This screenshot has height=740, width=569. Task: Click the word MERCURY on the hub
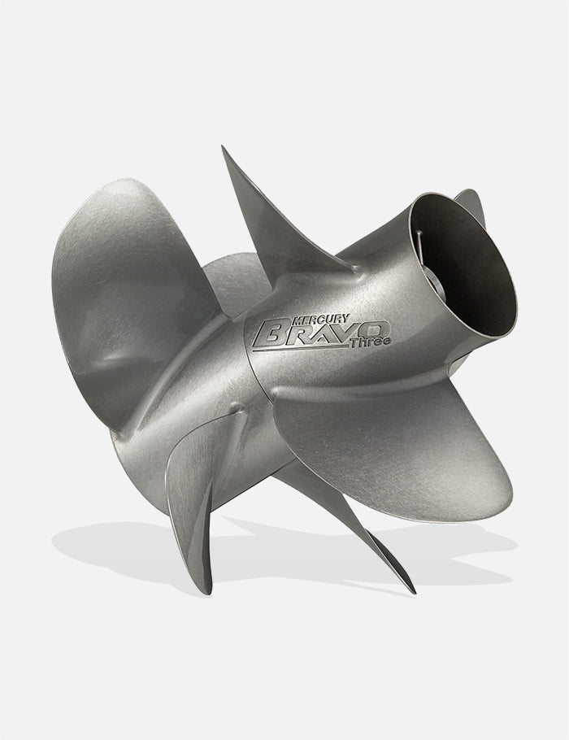coord(321,319)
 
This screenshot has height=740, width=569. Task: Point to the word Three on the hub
coord(371,342)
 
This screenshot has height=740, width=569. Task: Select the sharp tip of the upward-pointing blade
coord(223,148)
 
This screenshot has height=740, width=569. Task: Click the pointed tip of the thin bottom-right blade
coord(415,592)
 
